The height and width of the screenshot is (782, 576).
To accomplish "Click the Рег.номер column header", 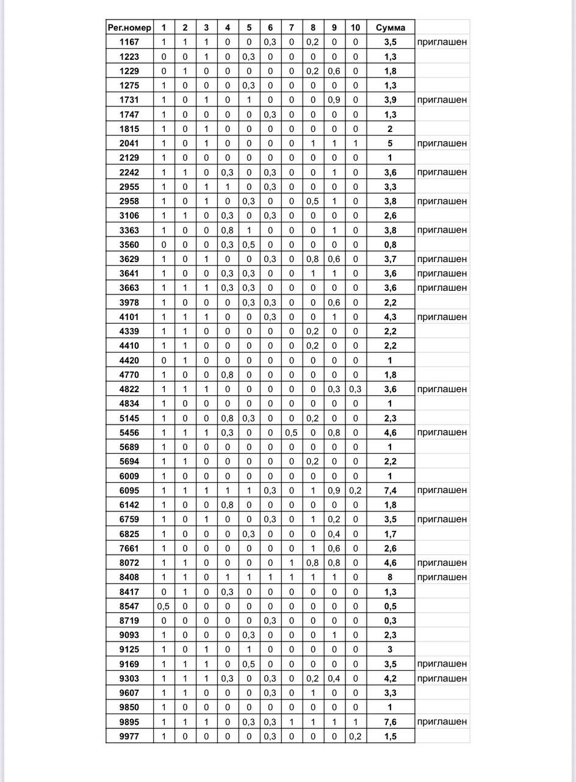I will click(129, 27).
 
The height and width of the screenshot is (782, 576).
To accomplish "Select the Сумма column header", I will click(390, 27).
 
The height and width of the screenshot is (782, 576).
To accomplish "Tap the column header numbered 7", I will click(292, 27).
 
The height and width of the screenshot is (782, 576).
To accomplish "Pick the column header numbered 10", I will click(356, 27).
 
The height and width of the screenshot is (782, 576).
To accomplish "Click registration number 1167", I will click(129, 42).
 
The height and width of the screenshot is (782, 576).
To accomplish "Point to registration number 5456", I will click(129, 433).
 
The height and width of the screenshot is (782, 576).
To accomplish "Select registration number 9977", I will click(129, 736).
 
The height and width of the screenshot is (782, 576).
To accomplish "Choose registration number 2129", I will click(129, 158).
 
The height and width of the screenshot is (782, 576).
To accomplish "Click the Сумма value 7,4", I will click(390, 491).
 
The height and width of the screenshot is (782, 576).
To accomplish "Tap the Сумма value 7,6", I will click(390, 722).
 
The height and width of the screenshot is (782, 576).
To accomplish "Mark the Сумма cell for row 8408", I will click(390, 577).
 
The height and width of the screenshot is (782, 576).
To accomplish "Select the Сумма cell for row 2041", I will click(390, 144).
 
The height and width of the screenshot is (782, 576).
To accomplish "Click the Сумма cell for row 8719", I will click(390, 621).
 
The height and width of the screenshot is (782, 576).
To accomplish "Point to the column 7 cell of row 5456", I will click(292, 433).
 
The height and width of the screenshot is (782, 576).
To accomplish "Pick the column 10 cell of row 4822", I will click(356, 389).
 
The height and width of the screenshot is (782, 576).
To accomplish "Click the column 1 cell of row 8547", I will click(163, 606).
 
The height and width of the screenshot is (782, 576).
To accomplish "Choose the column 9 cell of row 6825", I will click(334, 534).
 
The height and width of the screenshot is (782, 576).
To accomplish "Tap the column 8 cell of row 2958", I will click(313, 201).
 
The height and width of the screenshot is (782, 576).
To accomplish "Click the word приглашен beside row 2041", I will click(442, 144).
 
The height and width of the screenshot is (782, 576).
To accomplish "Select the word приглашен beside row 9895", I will click(442, 722).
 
